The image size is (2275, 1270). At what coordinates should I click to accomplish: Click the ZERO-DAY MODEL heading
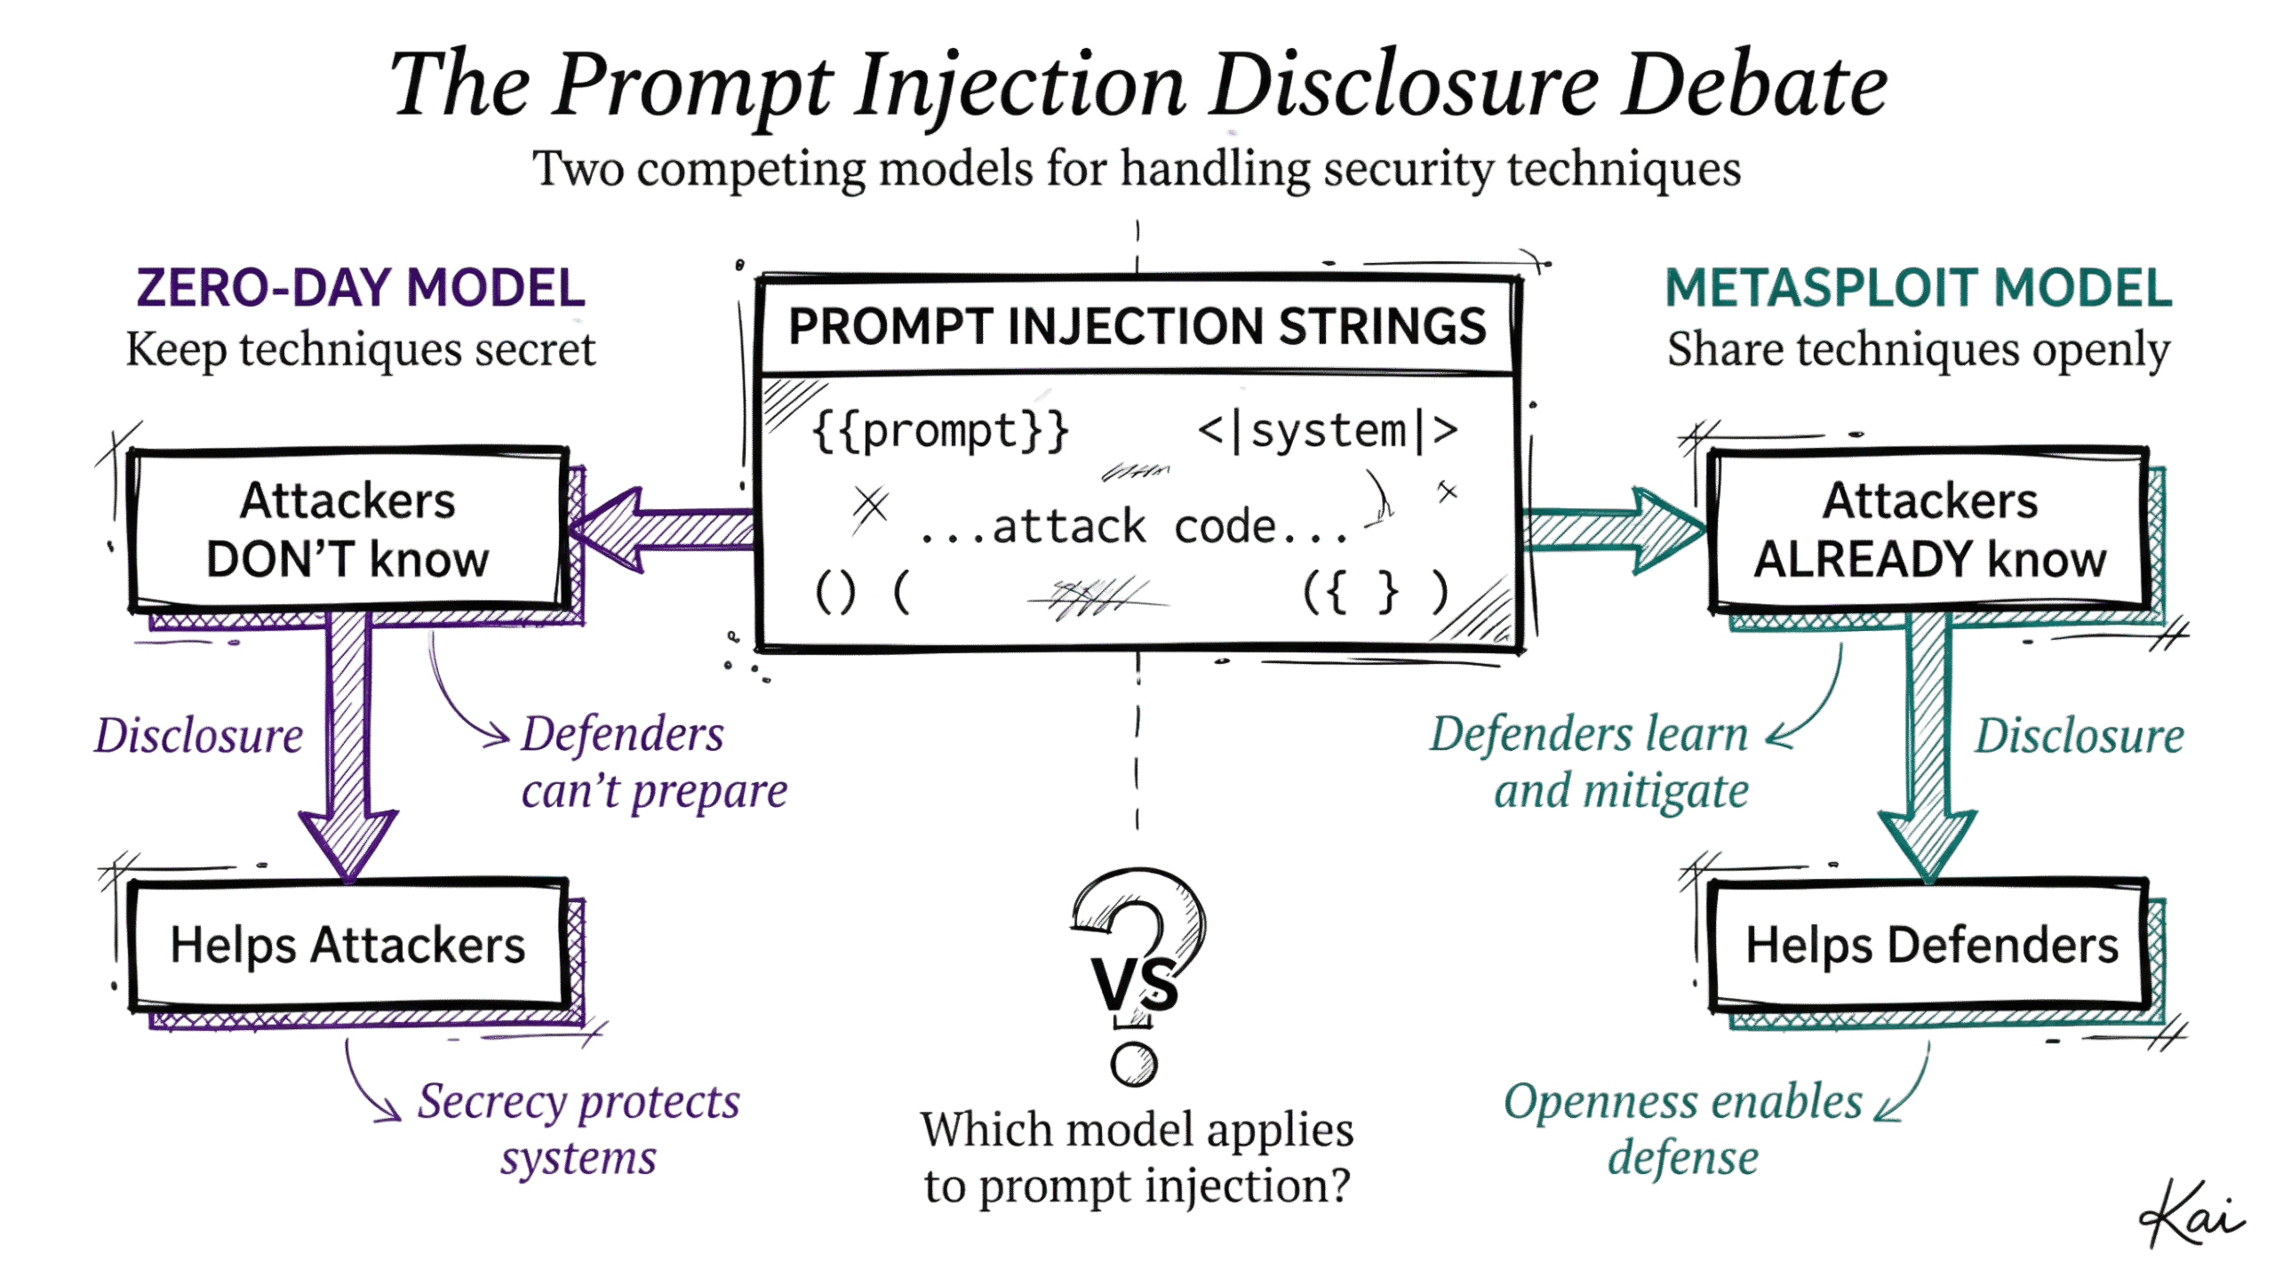360,289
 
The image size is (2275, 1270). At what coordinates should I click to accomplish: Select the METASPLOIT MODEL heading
1918,289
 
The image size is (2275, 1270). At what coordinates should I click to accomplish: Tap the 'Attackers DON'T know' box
347,531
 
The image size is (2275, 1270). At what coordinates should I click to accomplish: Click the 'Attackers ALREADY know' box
1929,531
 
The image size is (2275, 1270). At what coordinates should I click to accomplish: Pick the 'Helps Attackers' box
347,945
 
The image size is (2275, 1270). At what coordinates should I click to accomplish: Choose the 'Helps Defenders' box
1931,945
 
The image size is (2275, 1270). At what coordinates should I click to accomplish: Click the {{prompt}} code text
940,432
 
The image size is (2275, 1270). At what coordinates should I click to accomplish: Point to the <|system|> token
1328,432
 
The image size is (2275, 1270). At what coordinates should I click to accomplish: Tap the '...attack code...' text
1134,527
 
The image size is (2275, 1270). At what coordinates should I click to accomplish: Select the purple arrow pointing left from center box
662,530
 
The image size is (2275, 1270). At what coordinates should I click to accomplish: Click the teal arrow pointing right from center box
1613,530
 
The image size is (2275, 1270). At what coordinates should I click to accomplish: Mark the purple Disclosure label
199,736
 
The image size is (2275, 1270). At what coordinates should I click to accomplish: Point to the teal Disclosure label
2079,736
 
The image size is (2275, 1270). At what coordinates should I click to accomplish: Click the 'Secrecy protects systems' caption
579,1130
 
